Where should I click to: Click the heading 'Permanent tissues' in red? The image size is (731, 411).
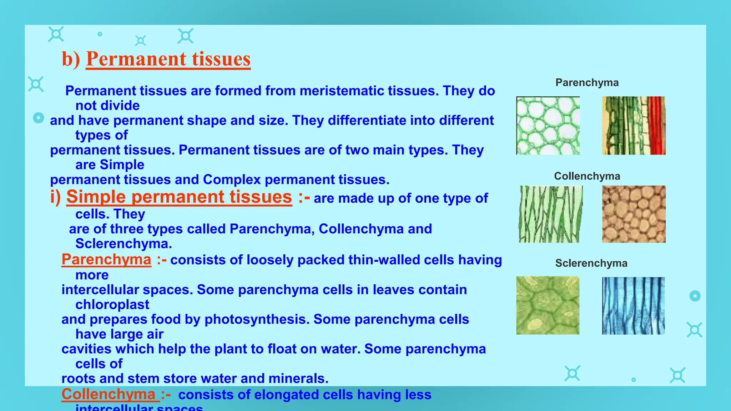[x=168, y=59]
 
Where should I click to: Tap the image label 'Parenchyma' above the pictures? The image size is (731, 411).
[x=587, y=83]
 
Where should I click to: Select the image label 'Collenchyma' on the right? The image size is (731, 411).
[x=587, y=176]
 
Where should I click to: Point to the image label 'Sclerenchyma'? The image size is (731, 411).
[x=591, y=263]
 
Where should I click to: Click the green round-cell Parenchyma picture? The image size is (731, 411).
[x=548, y=126]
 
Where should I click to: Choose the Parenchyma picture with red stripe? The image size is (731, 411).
[x=634, y=126]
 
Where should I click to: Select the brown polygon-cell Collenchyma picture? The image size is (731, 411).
[x=634, y=214]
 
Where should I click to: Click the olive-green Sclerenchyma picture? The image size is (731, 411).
[x=548, y=305]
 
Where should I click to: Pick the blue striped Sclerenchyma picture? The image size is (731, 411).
[x=633, y=306]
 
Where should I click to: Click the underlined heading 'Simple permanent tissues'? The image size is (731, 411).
[x=179, y=197]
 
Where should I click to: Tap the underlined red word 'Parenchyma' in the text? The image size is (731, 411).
[x=106, y=259]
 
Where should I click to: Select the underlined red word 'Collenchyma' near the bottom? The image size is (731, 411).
[x=109, y=394]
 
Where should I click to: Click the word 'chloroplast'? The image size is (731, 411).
[x=112, y=305]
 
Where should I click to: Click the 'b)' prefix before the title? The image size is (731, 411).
[x=71, y=59]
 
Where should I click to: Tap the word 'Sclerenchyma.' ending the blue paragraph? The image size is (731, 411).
[x=123, y=244]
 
